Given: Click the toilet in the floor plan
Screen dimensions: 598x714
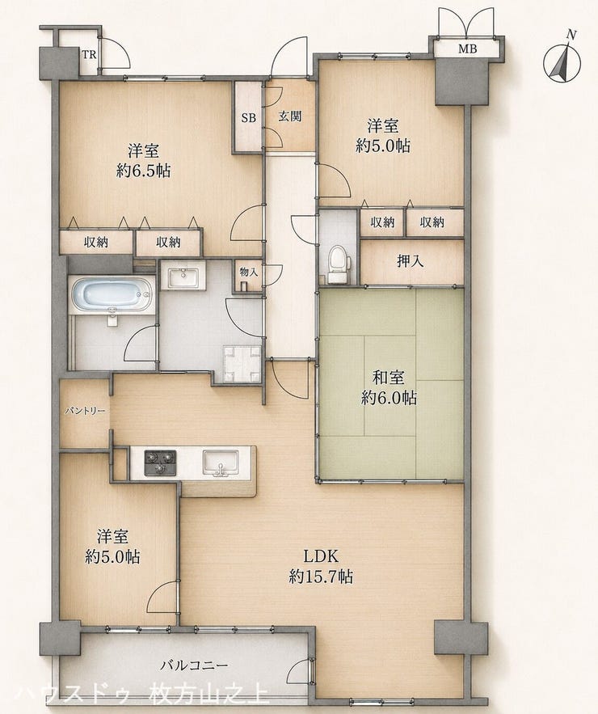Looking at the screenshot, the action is (x=339, y=264).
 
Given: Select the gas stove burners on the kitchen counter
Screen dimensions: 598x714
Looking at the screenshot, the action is (x=160, y=463).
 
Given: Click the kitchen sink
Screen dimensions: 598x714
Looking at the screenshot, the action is (x=221, y=463).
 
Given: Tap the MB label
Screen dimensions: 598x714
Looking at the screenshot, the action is (x=467, y=49).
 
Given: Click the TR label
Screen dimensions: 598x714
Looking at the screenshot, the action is (x=89, y=55).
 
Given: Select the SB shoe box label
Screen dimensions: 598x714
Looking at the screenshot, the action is (x=248, y=118).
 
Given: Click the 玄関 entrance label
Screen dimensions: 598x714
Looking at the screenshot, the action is (x=290, y=116).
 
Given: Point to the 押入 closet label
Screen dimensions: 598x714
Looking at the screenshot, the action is (x=411, y=261).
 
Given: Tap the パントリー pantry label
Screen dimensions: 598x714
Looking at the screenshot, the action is (x=85, y=412).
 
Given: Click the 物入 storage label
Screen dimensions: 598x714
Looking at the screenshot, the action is (x=249, y=273).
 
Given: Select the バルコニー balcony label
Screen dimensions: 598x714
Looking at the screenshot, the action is (x=194, y=665).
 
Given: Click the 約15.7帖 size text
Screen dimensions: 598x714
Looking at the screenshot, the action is (x=321, y=577).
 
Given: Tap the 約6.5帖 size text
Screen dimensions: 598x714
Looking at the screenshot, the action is (x=143, y=171).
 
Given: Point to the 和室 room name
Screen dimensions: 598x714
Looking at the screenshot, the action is (x=388, y=378).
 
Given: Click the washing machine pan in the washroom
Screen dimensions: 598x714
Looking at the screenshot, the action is (x=242, y=363).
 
